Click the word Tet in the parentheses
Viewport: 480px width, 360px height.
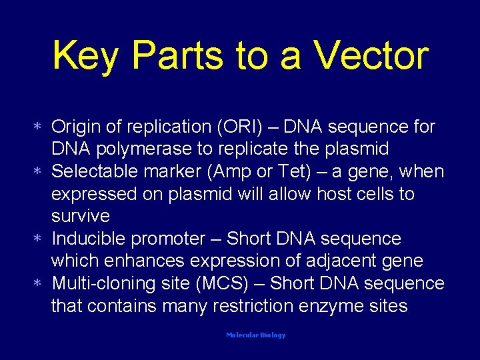(x=293, y=171)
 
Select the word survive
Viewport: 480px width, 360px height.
(x=81, y=217)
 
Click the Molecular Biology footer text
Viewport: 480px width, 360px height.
(x=255, y=335)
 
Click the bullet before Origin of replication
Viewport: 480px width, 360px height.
(x=39, y=127)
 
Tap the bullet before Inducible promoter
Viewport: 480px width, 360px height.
(x=39, y=239)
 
